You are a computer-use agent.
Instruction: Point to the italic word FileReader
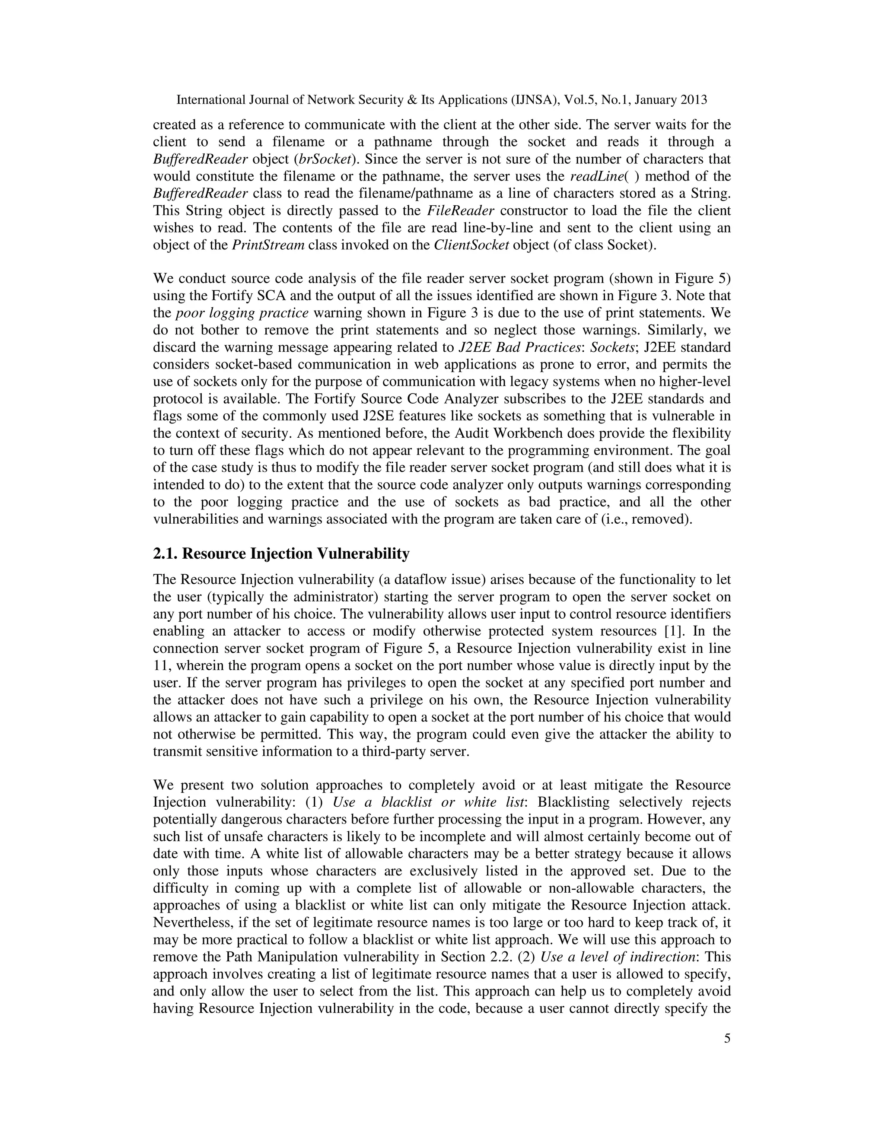(x=460, y=211)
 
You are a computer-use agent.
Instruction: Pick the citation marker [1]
(x=665, y=631)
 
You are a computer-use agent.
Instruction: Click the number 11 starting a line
(x=159, y=666)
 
